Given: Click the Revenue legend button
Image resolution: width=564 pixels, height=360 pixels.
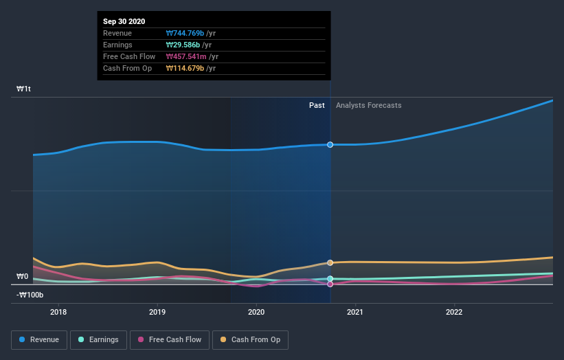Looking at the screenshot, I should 39,339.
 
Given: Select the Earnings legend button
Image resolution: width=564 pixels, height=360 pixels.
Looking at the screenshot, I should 98,339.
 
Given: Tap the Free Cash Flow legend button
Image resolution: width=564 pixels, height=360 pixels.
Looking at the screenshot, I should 169,339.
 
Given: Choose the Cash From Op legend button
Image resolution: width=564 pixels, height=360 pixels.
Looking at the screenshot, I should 251,339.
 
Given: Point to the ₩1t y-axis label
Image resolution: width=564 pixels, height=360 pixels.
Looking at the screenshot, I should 23,89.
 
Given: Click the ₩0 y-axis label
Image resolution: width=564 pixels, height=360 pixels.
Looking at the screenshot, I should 23,276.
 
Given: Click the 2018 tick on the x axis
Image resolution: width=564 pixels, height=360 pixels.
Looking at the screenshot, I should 58,311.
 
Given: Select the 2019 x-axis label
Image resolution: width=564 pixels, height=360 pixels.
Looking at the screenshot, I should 157,311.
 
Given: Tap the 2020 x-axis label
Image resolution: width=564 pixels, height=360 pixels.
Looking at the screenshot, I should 256,311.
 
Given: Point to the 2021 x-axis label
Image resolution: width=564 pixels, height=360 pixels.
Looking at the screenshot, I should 355,311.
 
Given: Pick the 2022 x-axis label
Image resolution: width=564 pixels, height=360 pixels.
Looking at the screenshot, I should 454,311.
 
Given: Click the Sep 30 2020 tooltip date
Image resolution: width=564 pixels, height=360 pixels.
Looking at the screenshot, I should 125,21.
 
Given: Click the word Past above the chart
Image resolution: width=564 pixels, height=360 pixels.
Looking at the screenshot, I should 317,105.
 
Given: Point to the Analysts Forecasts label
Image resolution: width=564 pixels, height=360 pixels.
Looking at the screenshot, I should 369,105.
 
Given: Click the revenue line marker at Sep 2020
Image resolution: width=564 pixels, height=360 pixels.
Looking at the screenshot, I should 330,144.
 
